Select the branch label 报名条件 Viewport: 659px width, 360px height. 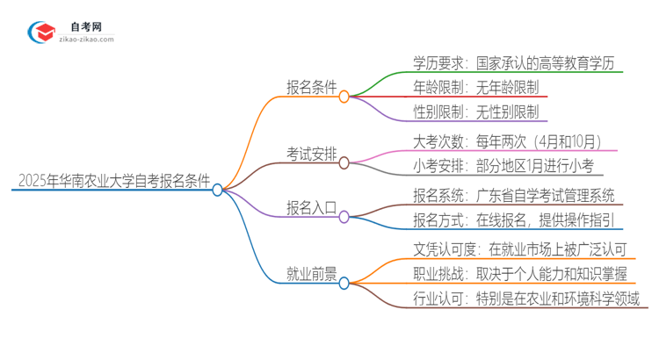tap(313, 86)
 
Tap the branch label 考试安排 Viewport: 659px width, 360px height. tap(313, 153)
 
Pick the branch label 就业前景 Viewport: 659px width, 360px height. tap(313, 273)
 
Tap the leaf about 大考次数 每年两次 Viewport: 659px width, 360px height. tap(509, 140)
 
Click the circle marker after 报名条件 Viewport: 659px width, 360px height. tap(344, 97)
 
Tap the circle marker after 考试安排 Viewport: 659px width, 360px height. tap(344, 162)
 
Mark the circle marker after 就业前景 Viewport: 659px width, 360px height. tap(344, 283)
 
